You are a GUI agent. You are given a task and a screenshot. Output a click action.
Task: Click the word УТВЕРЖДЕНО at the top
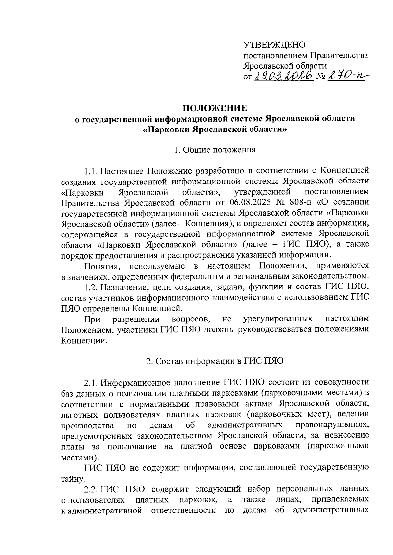click(274, 44)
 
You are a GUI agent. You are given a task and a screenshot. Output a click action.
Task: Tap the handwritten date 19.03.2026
click(284, 77)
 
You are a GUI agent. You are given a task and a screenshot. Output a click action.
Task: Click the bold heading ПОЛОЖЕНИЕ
click(215, 108)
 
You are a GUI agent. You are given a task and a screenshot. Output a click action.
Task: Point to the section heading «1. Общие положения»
click(215, 150)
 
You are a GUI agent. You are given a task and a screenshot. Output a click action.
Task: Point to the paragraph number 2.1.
click(91, 382)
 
